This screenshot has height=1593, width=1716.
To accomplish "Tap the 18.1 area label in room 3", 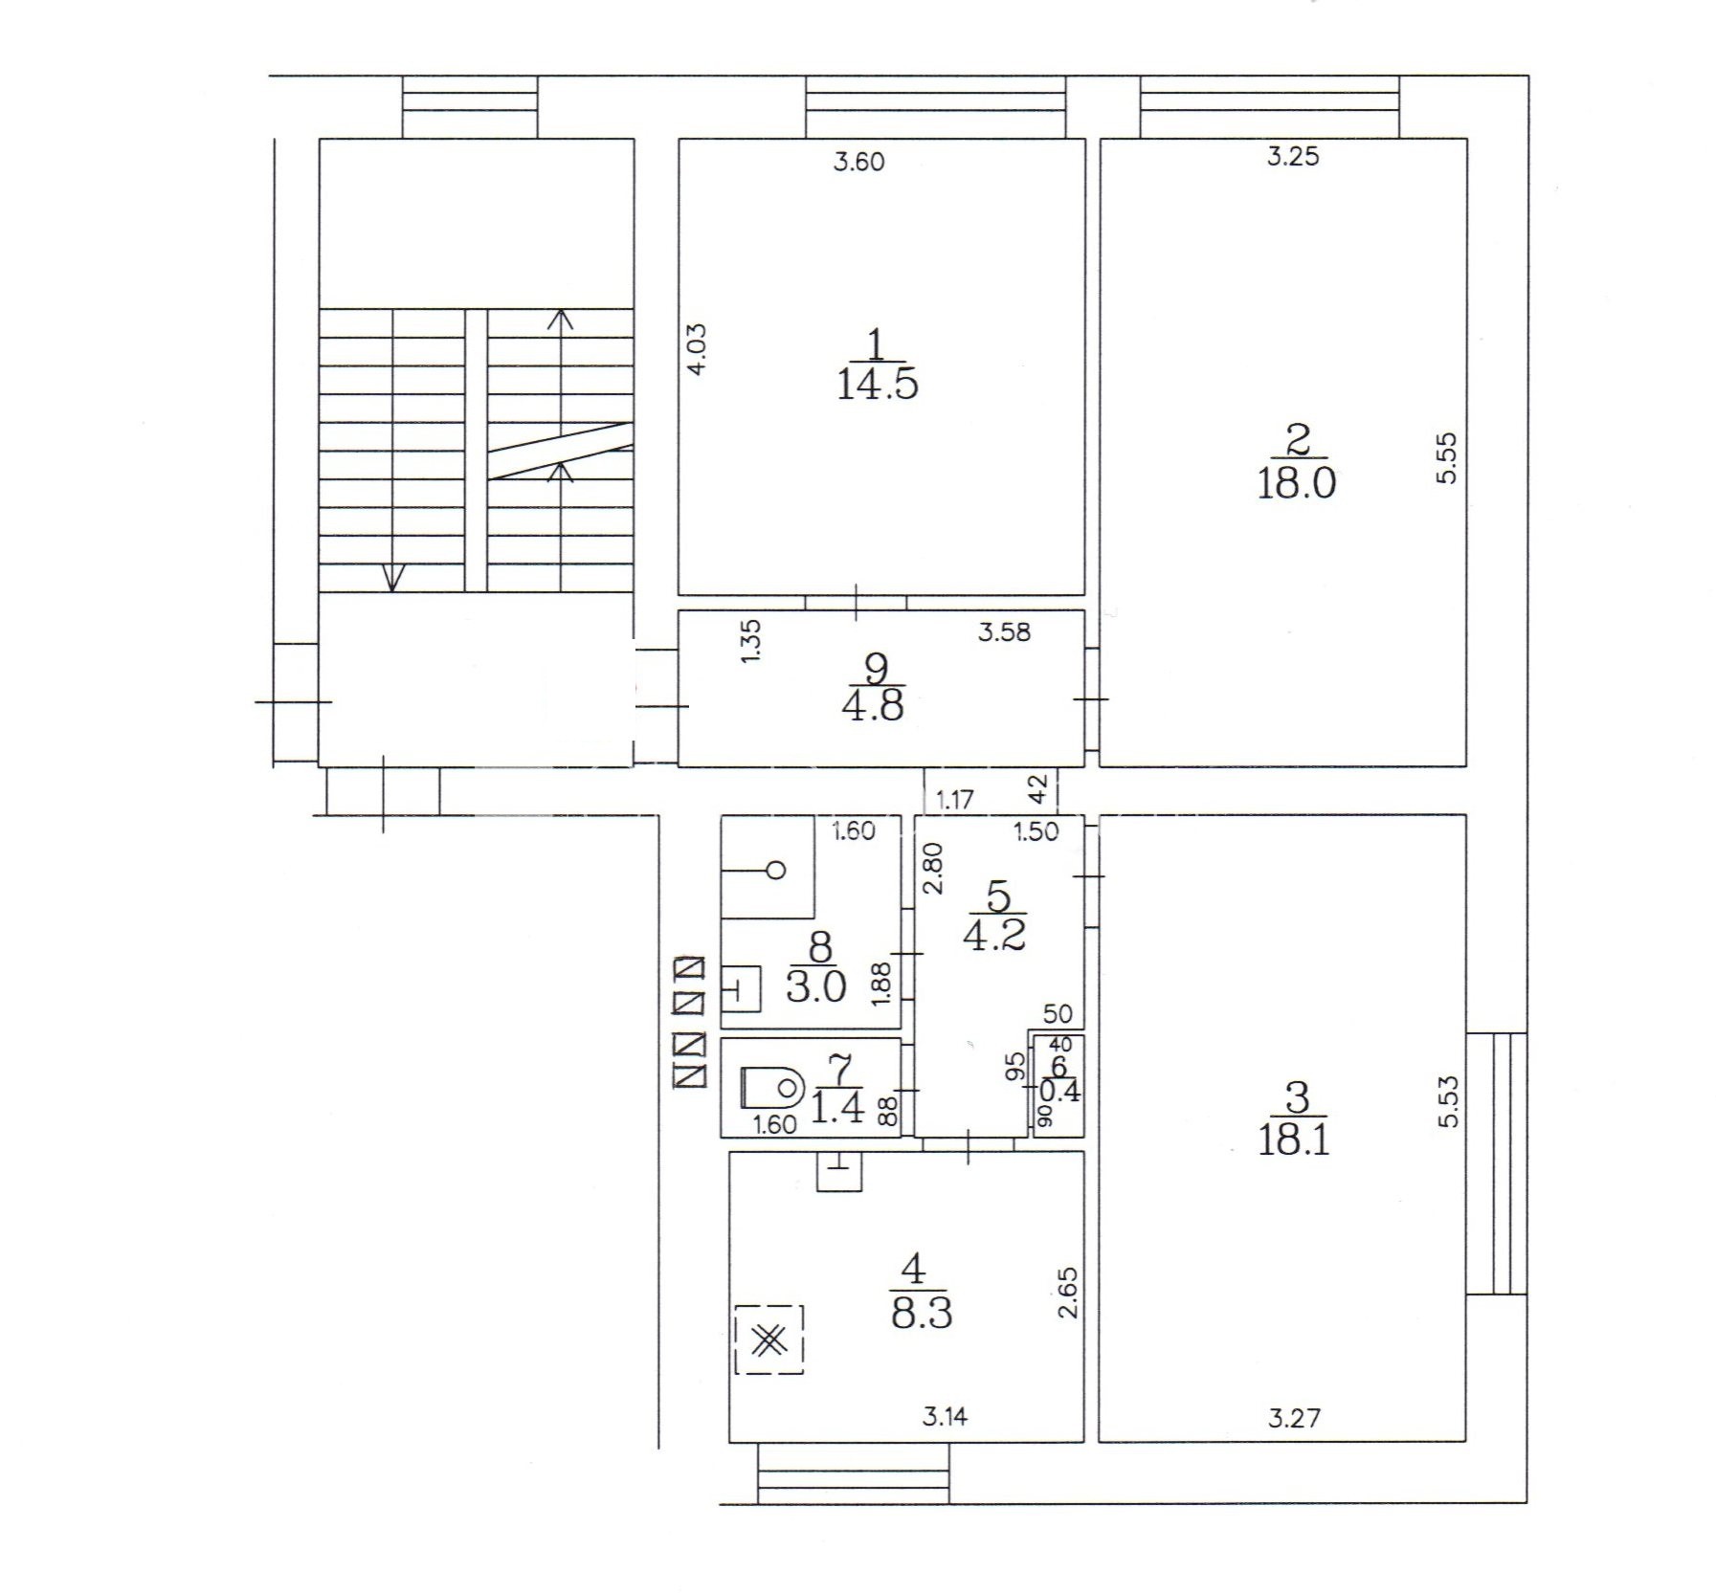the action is coord(1294,1141).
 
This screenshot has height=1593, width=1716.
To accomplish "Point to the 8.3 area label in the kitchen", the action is coord(921,1314).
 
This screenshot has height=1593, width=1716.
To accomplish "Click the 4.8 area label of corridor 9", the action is coord(872,706).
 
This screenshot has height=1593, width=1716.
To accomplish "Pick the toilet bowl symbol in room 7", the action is coord(772,1086).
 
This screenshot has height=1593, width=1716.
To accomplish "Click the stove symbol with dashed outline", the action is coord(769,1340).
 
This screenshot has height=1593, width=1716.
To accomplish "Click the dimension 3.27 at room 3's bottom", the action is coord(1294,1418).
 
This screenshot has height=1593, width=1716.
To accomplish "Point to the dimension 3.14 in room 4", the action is coord(945,1416).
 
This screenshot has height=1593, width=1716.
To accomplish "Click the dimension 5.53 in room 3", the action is coord(1449,1102).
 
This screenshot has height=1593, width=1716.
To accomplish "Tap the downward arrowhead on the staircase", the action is coord(393,578).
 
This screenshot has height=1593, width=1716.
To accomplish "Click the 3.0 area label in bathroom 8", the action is coord(815,985).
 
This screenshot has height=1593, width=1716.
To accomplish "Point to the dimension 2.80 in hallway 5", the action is coord(933,868).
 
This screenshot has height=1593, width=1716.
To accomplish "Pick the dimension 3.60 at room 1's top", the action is coord(858,162).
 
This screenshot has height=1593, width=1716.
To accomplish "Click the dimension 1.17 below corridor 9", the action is coord(954,800).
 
